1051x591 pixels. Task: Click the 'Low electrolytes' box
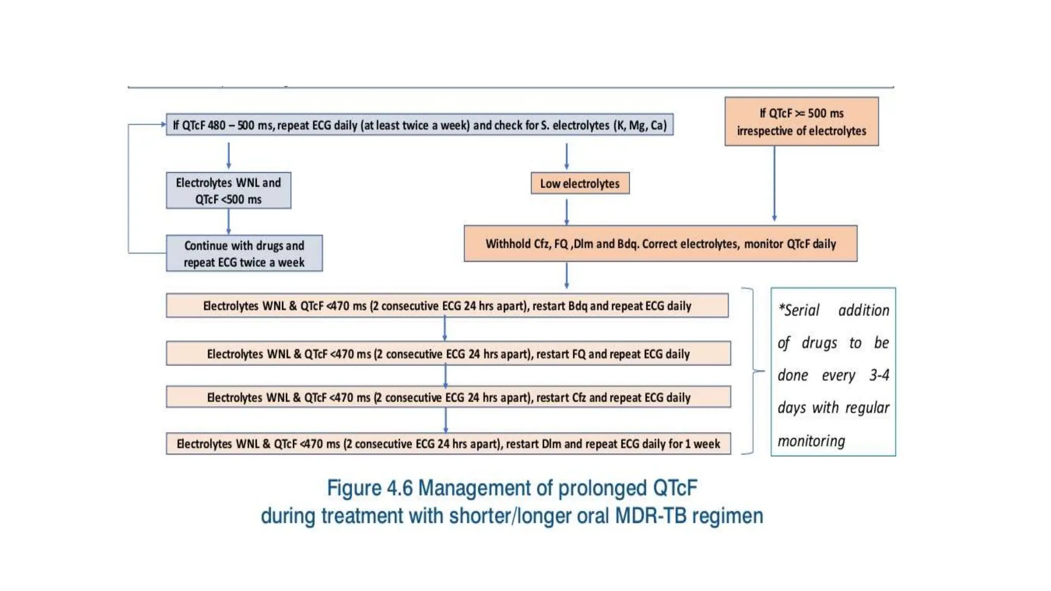point(580,183)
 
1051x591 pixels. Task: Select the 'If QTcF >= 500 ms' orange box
point(801,122)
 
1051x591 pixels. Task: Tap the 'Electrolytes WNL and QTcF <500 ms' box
point(228,190)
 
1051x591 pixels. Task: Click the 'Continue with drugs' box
point(244,253)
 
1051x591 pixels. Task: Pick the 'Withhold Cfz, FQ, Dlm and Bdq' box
point(660,244)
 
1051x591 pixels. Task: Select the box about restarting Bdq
point(447,306)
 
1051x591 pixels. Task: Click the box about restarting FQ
point(448,353)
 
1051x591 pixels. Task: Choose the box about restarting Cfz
point(448,397)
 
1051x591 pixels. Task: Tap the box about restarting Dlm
point(448,444)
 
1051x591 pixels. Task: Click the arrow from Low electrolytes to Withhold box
point(567,211)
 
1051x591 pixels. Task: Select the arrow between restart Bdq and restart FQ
point(445,329)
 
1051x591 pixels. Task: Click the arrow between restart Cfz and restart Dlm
point(445,420)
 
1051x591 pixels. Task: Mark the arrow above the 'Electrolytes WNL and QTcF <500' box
point(229,155)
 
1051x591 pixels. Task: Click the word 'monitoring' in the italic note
point(811,441)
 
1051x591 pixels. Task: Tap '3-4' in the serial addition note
point(879,375)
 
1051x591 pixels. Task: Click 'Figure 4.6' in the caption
point(369,488)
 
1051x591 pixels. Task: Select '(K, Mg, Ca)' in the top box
point(640,125)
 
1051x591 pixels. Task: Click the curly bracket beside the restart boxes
point(752,371)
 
